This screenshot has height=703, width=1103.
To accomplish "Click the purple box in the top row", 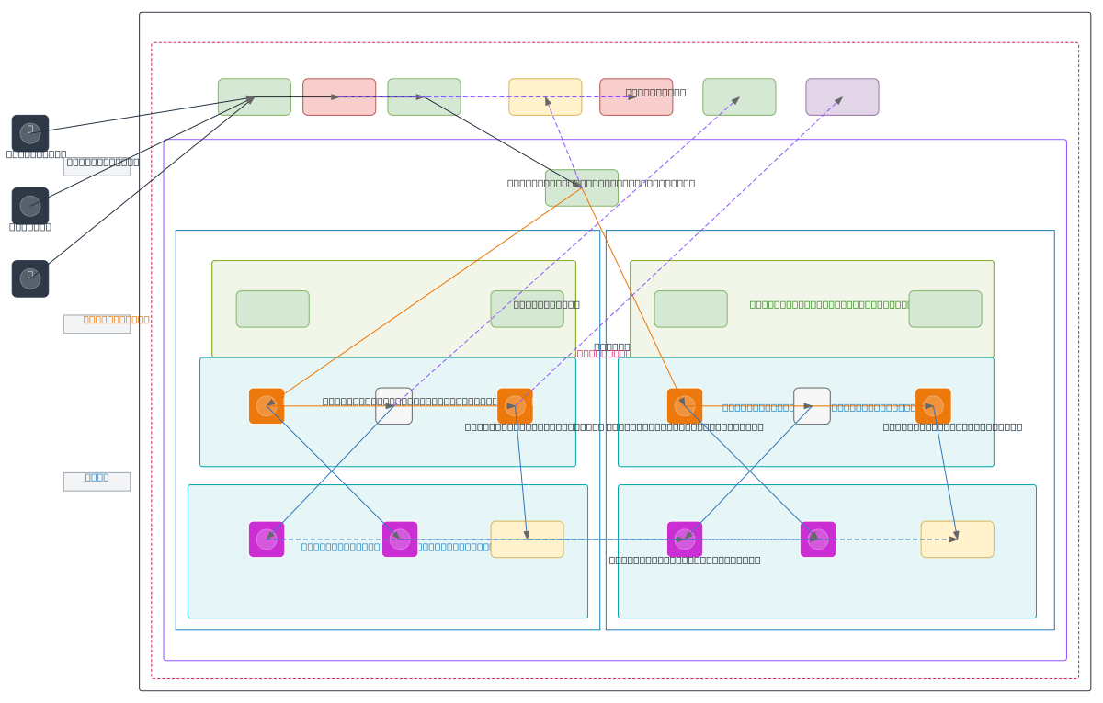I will coord(842,96).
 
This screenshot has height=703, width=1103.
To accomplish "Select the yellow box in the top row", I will coord(545,96).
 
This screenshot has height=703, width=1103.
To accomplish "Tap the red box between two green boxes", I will coord(339,96).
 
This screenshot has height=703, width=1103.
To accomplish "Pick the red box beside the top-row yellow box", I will coord(636,96).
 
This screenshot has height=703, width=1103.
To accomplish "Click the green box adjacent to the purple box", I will coord(739,96).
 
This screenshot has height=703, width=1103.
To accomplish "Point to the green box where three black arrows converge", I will coord(255,96).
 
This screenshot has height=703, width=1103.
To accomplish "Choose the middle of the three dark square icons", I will coord(30,206).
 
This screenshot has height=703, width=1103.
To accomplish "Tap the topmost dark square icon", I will coord(30,133).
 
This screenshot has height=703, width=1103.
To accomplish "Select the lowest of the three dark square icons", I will coord(30,278).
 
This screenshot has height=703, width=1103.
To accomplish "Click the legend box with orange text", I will coord(97,323).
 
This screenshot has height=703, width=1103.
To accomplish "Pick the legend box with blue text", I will coord(97,482).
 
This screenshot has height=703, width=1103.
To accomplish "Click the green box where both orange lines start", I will coord(582,187).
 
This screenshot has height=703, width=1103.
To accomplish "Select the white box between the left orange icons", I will coord(393,405).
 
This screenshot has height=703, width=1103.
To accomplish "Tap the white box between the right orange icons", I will coord(812,405).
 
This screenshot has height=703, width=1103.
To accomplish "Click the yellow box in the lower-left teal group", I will coord(527,539).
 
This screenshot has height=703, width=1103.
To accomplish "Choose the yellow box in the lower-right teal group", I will coord(957,539).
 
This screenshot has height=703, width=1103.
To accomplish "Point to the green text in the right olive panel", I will coord(828,304).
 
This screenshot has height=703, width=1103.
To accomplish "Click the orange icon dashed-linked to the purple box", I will coord(515,405).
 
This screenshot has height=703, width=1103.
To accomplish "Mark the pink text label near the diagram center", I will coord(603,353).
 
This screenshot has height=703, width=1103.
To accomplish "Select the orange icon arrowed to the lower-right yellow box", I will coord(933,405).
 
